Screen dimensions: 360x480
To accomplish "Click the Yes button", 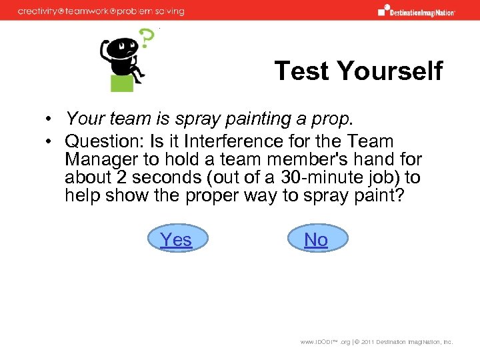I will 176,239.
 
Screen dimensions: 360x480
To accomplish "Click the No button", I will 316,239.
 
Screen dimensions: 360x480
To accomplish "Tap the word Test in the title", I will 301,71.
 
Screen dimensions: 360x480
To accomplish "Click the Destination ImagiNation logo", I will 416,11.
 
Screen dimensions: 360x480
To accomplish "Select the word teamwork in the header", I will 92,11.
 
